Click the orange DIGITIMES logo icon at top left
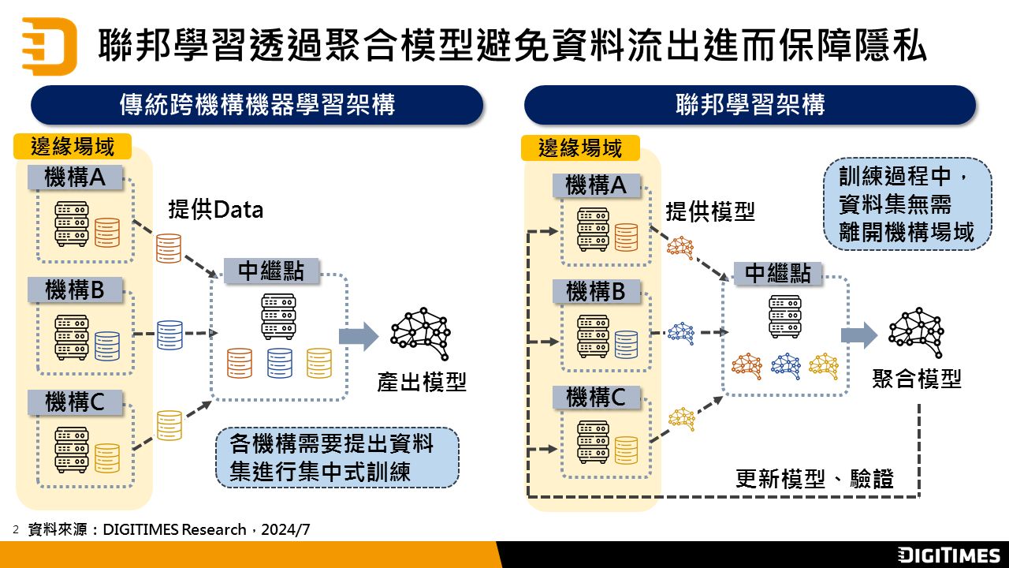pos(49,46)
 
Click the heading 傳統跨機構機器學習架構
pos(257,105)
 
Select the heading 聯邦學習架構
pos(750,105)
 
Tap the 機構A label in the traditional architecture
pos(76,177)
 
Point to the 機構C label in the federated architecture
pos(596,397)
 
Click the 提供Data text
pos(215,210)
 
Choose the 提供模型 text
pos(710,211)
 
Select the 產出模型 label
pos(422,383)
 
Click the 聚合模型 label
pos(917,379)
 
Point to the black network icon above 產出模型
pos(420,328)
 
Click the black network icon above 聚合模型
pos(915,327)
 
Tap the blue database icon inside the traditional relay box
pos(280,363)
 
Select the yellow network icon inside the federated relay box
pos(824,366)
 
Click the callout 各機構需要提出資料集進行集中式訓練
pos(337,458)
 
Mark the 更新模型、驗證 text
pos(814,479)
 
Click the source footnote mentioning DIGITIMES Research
pos(169,529)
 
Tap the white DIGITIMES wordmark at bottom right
pos(949,555)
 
